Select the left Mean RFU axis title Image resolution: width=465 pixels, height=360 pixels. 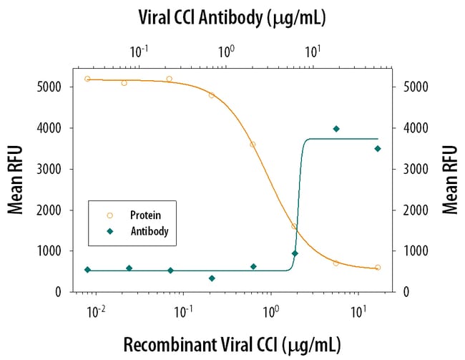15,179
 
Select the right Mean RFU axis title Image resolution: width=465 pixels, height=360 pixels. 449,179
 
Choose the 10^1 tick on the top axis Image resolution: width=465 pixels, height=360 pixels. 313,52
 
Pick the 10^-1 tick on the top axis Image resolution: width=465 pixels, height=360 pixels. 139,52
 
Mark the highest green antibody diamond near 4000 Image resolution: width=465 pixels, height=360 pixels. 336,129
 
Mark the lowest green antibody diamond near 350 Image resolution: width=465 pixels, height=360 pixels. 212,278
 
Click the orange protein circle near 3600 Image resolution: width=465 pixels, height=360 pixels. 253,144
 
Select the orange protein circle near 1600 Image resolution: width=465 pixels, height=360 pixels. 294,226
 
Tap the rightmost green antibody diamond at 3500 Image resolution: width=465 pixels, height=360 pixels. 378,149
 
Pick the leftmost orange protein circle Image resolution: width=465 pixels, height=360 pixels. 87,79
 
